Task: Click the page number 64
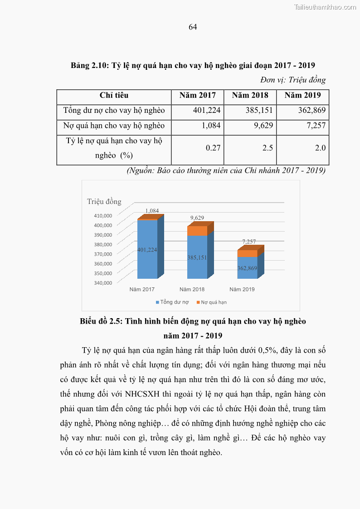coord(193,27)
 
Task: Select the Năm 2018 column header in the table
coord(250,96)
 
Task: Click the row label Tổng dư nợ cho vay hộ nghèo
coord(114,111)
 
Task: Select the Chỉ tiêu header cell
coord(114,96)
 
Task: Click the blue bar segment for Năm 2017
coord(147,249)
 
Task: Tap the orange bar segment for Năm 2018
coord(197,231)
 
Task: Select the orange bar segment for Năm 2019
coord(247,254)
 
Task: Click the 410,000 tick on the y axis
coord(102,215)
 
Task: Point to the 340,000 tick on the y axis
coord(102,283)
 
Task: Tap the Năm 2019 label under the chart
coord(242,289)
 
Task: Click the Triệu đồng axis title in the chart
coord(104,202)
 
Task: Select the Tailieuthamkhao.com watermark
coord(325,7)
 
